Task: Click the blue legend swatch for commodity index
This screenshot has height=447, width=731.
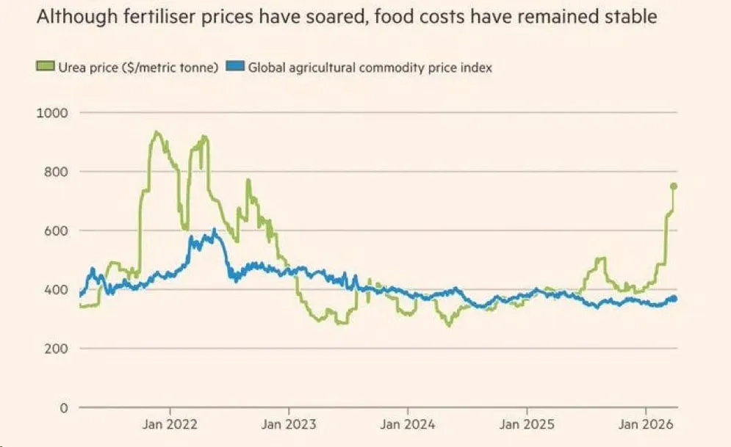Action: (x=236, y=68)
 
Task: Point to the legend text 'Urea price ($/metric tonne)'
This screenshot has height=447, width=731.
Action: (x=138, y=68)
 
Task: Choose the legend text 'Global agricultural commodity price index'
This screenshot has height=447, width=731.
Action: (x=370, y=68)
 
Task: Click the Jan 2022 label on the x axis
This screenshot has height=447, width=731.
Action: (x=170, y=424)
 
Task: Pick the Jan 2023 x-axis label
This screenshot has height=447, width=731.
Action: (x=289, y=424)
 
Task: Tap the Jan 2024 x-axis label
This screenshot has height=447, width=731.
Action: (x=408, y=424)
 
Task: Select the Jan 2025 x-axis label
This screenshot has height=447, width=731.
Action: (x=527, y=424)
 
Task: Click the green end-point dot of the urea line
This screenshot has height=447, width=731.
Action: (x=673, y=186)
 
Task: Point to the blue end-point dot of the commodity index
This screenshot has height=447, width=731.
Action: (x=673, y=299)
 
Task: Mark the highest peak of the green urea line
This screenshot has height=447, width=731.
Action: (x=155, y=132)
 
